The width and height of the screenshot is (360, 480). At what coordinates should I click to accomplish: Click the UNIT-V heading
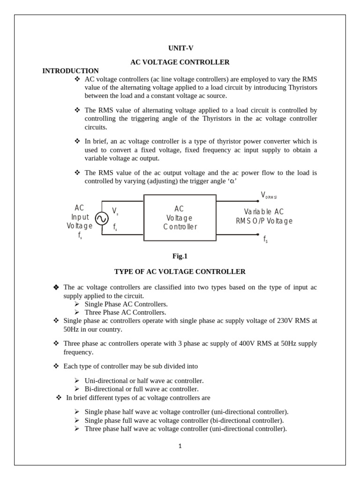pyautogui.click(x=180, y=48)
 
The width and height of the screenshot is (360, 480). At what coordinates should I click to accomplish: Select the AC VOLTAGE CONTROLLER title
pyautogui.click(x=180, y=62)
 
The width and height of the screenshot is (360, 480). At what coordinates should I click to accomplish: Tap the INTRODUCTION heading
pyautogui.click(x=70, y=71)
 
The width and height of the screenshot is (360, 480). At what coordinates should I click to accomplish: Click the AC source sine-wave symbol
pyautogui.click(x=102, y=218)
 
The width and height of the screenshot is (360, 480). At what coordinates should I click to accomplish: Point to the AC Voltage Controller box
pyautogui.click(x=180, y=218)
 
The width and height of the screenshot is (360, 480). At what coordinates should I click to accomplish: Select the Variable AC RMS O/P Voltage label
pyautogui.click(x=264, y=217)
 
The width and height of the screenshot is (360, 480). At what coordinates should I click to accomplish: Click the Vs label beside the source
pyautogui.click(x=115, y=211)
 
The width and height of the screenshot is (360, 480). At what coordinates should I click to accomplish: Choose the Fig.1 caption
pyautogui.click(x=180, y=256)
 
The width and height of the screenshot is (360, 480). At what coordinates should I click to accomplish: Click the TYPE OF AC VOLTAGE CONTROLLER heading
pyautogui.click(x=180, y=271)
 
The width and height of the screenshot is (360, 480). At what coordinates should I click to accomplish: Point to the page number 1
pyautogui.click(x=180, y=446)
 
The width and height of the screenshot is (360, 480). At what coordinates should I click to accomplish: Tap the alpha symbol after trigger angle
pyautogui.click(x=231, y=181)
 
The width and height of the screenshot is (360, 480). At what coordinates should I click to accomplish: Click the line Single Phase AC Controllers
pyautogui.click(x=126, y=304)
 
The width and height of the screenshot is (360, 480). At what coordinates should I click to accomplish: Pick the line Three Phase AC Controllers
pyautogui.click(x=125, y=312)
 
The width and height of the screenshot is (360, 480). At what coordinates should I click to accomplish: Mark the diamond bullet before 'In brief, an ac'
pyautogui.click(x=77, y=141)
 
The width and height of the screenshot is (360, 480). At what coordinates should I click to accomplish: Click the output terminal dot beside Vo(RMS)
pyautogui.click(x=258, y=201)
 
